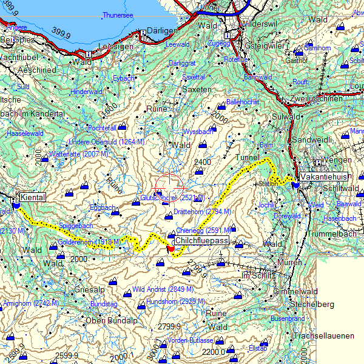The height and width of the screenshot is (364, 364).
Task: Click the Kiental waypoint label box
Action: pos(32,197)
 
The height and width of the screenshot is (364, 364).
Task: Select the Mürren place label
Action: pos(289,263)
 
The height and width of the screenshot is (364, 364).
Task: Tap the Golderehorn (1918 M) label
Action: pos(89,242)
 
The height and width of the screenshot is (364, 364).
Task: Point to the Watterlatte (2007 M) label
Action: pos(73,155)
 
